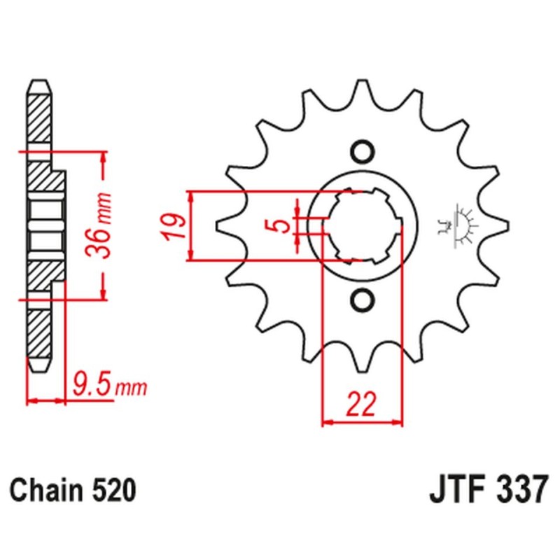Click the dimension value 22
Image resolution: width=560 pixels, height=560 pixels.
[x=362, y=404]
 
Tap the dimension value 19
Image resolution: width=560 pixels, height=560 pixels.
[x=176, y=226]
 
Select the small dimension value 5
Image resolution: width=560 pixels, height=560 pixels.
[x=279, y=225]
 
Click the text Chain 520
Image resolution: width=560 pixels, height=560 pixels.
[x=72, y=490]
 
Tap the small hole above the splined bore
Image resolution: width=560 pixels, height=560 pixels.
[x=363, y=151]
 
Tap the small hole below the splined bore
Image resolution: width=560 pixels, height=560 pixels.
[x=363, y=300]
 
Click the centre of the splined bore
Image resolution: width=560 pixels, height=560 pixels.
[x=363, y=225]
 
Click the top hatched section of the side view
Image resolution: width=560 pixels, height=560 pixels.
[x=39, y=115]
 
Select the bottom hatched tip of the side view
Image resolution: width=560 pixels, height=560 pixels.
[x=39, y=336]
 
